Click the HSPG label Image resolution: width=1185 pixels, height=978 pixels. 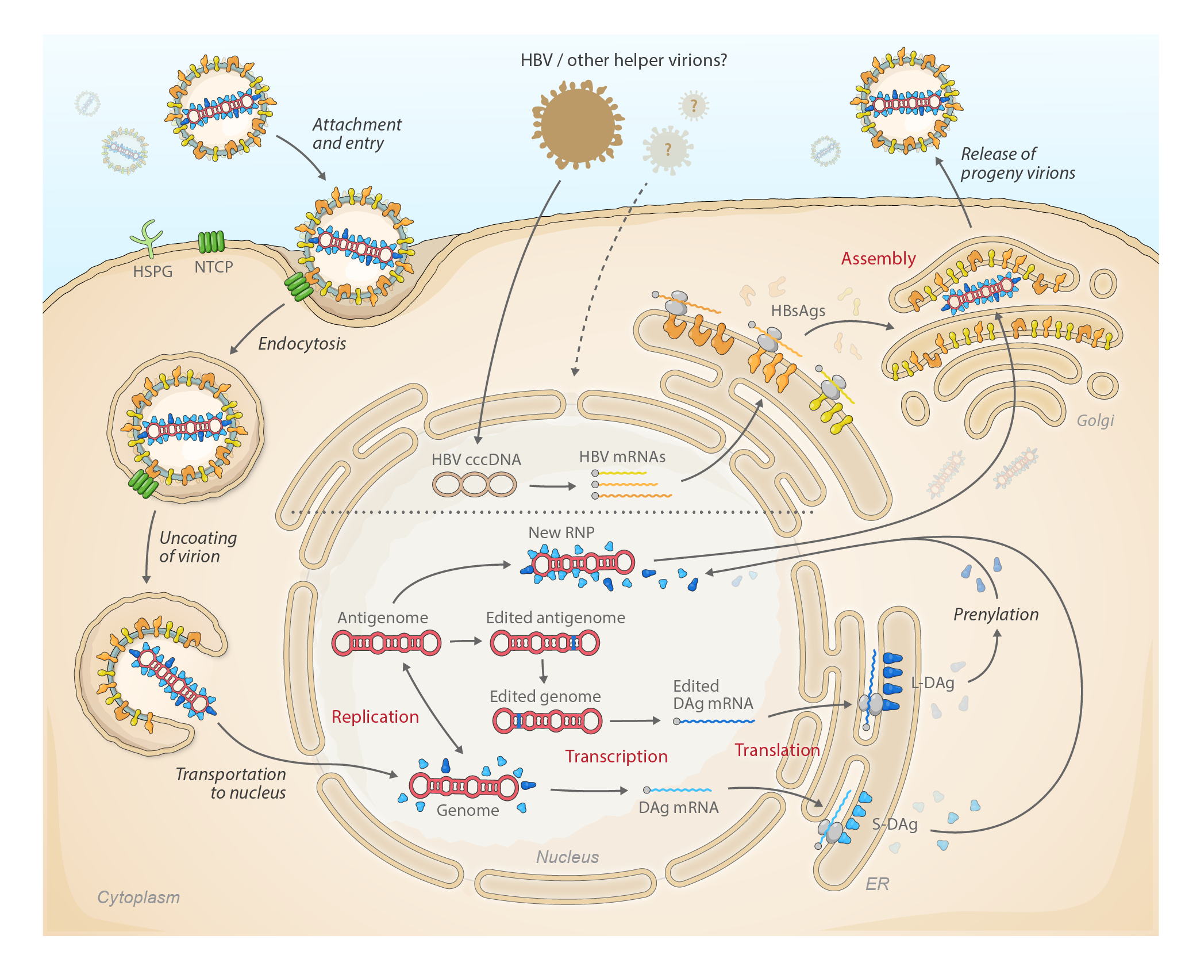(x=152, y=271)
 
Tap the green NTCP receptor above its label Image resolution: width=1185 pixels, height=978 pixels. (x=211, y=242)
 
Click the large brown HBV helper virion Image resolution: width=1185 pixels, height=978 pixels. (x=578, y=124)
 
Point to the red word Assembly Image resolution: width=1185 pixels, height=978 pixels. (x=878, y=259)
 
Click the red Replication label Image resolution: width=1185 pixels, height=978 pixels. (x=375, y=717)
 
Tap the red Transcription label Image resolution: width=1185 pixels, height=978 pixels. (x=616, y=757)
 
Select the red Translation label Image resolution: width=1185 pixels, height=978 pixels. (x=777, y=750)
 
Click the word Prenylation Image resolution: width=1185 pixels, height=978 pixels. (x=996, y=615)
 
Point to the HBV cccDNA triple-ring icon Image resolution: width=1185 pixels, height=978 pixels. (x=474, y=484)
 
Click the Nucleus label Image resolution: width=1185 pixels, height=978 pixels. (x=567, y=857)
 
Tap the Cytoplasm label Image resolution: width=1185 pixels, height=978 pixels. (x=138, y=898)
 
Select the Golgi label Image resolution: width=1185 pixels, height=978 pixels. (x=1095, y=421)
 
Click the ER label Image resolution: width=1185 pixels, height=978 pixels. (x=877, y=884)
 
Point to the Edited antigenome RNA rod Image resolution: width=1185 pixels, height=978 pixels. (x=544, y=643)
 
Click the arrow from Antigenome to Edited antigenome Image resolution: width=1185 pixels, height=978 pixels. (x=465, y=641)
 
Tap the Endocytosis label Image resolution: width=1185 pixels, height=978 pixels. (x=302, y=344)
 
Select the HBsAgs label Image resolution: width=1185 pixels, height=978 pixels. (x=798, y=311)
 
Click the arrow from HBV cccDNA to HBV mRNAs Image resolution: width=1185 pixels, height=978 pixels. (x=552, y=486)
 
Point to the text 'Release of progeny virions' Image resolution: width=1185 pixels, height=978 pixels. (x=1017, y=163)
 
